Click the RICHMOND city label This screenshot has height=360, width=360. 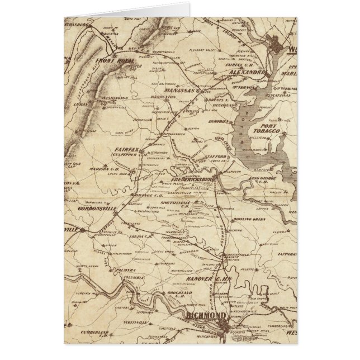[x=204, y=318]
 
